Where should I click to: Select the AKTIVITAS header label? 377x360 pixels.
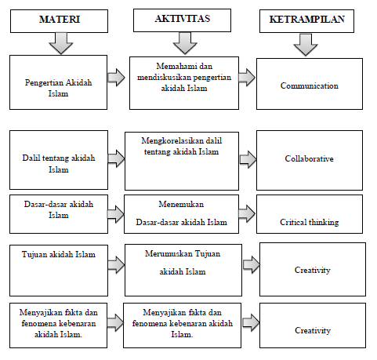[183, 19]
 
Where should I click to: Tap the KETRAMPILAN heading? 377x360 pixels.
[307, 20]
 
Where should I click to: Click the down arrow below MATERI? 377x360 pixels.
[61, 43]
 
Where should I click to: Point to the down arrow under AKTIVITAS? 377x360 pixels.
[185, 43]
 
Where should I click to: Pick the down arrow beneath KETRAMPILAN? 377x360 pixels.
[306, 45]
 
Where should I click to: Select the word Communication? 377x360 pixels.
[310, 85]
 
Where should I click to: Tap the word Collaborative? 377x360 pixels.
[310, 158]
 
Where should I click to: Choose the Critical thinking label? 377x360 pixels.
[310, 222]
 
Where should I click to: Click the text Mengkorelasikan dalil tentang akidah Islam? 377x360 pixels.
[182, 146]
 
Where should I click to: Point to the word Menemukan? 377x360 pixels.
[181, 204]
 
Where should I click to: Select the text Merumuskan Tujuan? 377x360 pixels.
[183, 253]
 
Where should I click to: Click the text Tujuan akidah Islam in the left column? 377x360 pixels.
[59, 254]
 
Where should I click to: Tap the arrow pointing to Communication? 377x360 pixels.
[247, 78]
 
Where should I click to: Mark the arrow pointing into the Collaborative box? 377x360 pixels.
[248, 159]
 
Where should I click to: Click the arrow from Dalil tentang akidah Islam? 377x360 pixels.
[117, 158]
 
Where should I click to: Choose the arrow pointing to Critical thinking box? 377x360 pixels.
[247, 214]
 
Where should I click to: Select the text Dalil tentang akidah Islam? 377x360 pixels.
[59, 164]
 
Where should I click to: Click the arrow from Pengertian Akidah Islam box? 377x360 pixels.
[117, 78]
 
